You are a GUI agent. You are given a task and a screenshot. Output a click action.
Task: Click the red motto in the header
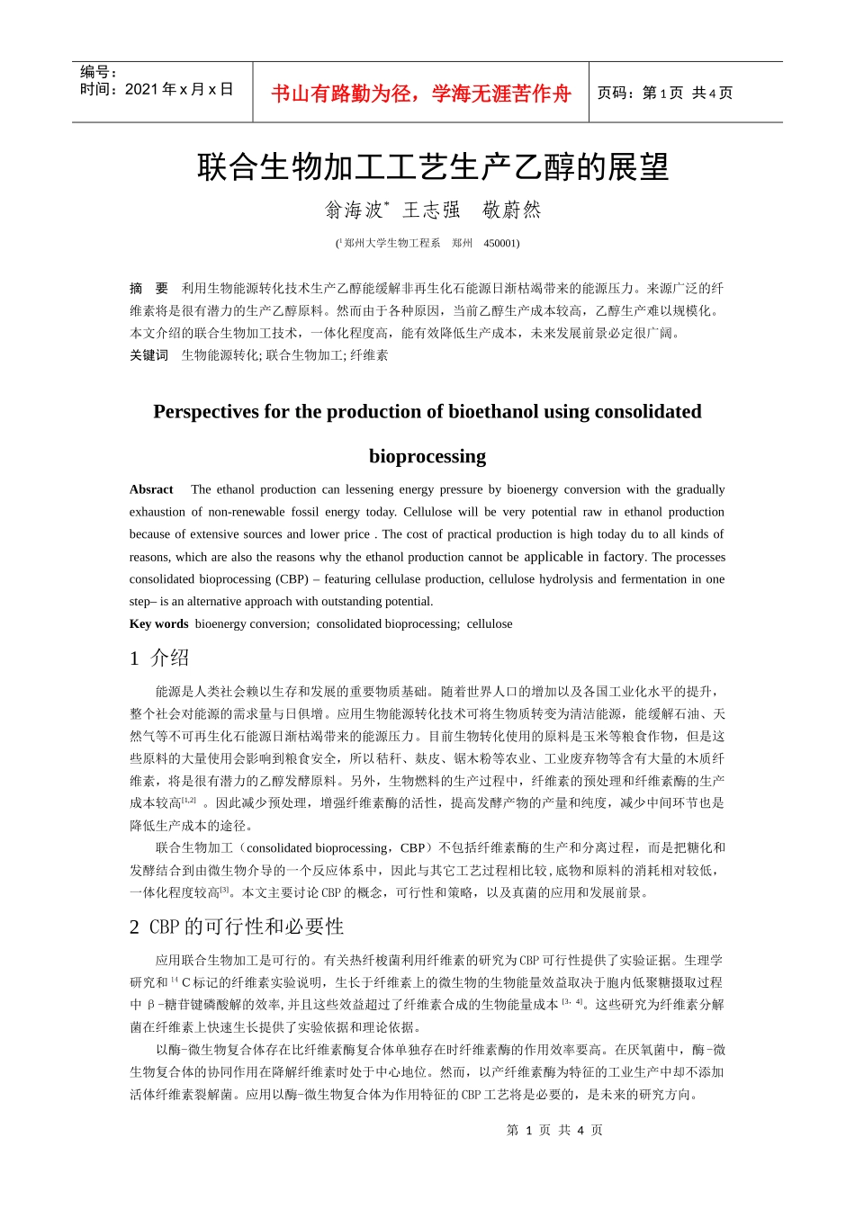420,94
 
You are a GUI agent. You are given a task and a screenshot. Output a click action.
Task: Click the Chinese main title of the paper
433,167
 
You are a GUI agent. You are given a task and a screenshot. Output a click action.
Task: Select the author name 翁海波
355,210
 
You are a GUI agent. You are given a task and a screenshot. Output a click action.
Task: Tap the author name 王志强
431,210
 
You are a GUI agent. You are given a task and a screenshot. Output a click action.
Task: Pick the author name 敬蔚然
512,210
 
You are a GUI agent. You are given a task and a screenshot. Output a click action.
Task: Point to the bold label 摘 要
148,289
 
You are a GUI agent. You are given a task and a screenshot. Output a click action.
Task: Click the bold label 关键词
148,355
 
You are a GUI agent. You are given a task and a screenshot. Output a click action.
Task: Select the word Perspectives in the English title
206,412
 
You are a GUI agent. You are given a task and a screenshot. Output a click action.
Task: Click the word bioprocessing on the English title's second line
427,457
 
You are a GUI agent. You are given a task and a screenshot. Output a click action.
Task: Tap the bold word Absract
151,489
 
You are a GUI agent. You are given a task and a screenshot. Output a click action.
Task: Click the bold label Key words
158,624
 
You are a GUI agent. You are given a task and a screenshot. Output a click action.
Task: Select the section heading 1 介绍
159,658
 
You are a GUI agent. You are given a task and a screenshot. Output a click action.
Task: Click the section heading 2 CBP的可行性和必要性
237,927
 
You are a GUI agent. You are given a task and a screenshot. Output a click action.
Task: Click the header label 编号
98,72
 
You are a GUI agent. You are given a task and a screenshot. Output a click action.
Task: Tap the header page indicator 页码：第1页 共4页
665,94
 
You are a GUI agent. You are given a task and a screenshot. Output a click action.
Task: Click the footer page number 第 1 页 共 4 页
554,1131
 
